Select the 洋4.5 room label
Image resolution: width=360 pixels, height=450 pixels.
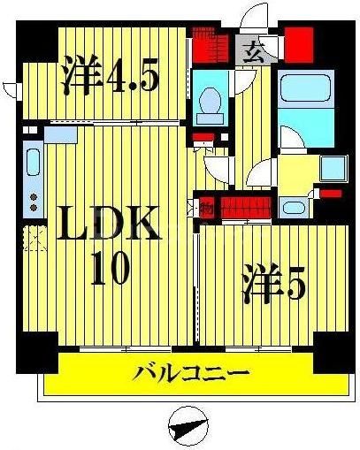click(110, 77)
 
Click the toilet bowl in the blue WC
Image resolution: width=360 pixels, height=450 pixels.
click(210, 108)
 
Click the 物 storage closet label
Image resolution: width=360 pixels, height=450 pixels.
click(205, 210)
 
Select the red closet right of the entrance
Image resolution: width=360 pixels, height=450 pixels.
click(299, 42)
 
